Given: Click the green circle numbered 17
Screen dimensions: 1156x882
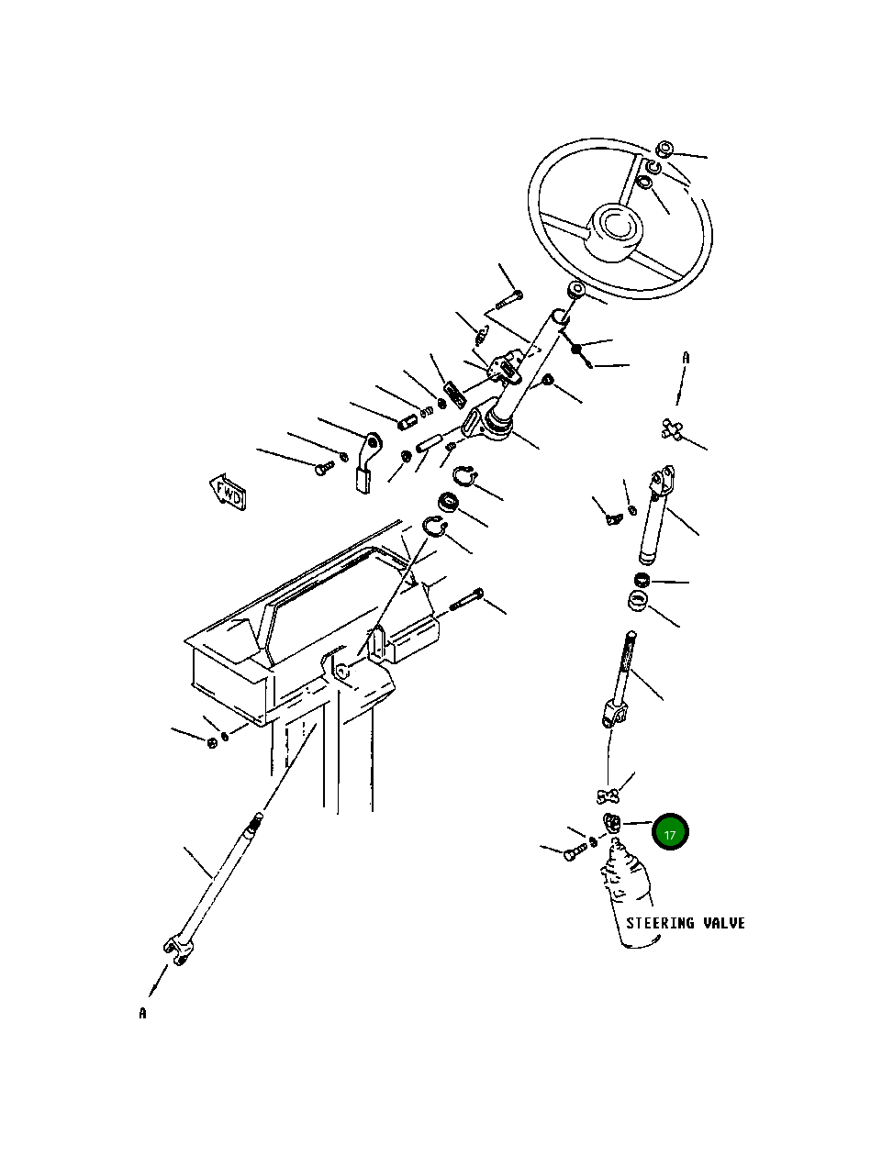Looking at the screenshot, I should [670, 832].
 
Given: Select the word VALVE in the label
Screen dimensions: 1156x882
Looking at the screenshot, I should [724, 923].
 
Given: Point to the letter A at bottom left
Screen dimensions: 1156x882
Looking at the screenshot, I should [142, 1014].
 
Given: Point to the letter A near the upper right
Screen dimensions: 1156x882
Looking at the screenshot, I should [685, 358].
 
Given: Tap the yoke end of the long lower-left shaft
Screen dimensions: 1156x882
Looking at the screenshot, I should [179, 947].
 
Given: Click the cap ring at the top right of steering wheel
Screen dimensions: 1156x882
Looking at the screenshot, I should [665, 150].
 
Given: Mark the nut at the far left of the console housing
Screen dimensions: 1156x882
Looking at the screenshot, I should [211, 740].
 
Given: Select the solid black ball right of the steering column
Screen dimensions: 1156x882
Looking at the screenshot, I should [576, 349].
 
